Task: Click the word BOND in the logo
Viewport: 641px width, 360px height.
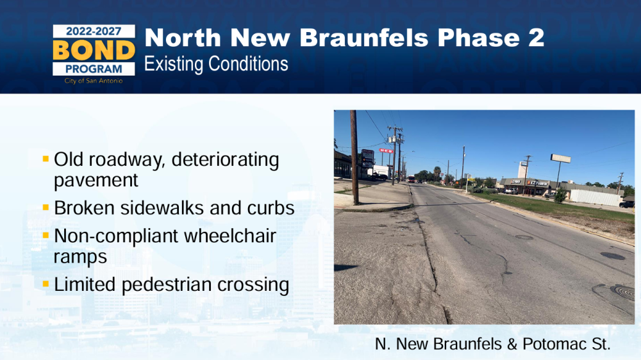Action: [94, 50]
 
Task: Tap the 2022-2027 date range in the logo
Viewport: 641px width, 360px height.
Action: [94, 31]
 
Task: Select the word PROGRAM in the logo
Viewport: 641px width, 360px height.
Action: [94, 69]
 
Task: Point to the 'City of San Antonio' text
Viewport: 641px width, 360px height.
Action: [94, 81]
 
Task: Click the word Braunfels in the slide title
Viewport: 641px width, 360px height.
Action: [364, 38]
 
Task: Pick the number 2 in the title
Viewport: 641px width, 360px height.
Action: [536, 38]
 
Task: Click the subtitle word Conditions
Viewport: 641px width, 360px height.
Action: [248, 64]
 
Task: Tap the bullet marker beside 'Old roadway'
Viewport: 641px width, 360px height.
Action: [46, 159]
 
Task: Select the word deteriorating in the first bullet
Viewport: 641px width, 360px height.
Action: [225, 160]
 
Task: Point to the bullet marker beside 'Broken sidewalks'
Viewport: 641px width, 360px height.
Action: [46, 207]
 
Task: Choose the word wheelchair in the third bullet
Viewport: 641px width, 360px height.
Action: [229, 236]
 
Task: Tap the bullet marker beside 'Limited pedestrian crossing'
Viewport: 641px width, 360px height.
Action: [46, 284]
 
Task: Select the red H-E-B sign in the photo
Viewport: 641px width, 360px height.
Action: [386, 151]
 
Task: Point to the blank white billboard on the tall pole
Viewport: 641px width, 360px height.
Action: [560, 159]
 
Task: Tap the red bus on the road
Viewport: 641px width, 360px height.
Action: [412, 179]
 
